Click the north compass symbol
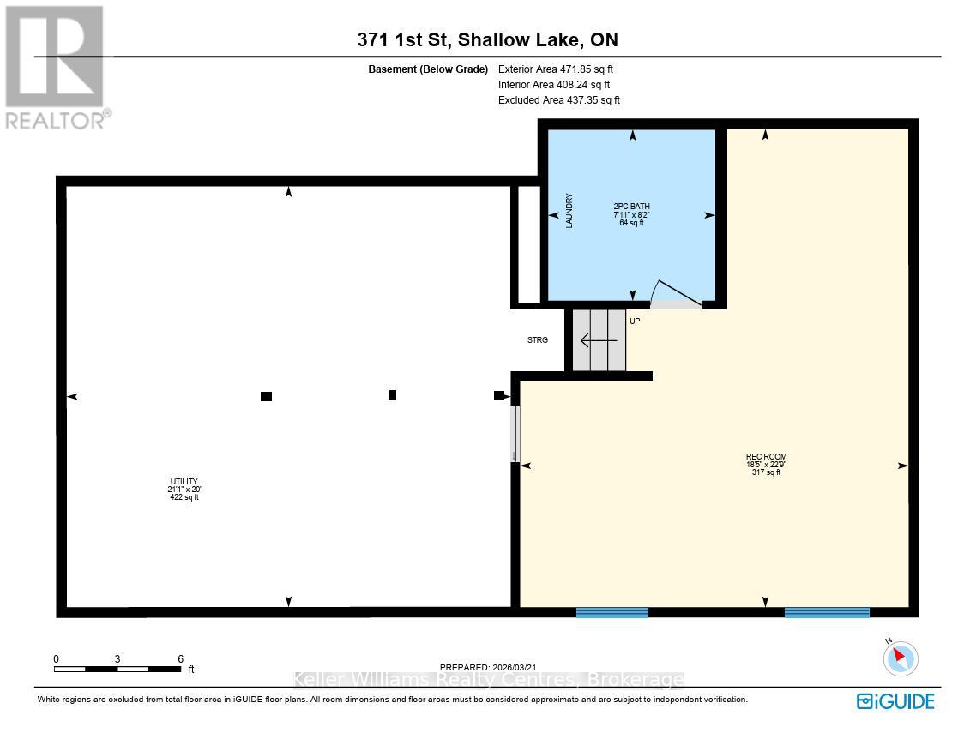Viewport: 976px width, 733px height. [x=900, y=658]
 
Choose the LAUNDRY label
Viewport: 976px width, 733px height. [x=569, y=211]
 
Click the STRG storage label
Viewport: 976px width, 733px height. [x=538, y=340]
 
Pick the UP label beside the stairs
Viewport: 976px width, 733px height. [x=635, y=321]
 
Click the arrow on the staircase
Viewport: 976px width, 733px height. [x=599, y=340]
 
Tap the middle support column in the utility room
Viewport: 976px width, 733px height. [x=392, y=395]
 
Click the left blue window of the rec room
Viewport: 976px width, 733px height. [x=612, y=612]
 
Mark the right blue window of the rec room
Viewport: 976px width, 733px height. [x=827, y=612]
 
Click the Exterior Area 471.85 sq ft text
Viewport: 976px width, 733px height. [x=556, y=69]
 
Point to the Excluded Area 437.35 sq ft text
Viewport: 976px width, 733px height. [x=558, y=100]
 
